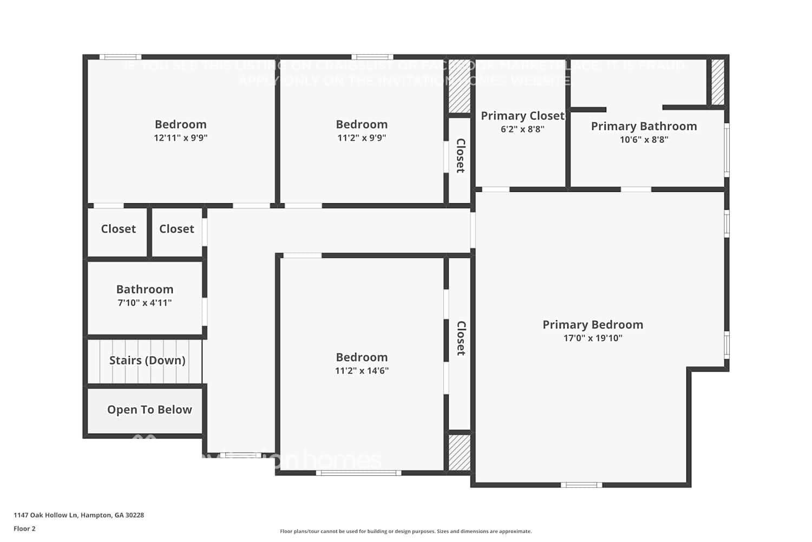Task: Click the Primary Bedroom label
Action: (593, 325)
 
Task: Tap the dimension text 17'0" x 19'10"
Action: (593, 338)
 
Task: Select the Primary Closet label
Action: (522, 116)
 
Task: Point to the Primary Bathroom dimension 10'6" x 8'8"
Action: (644, 140)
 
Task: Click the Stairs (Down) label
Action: (147, 360)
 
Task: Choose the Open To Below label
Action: (149, 410)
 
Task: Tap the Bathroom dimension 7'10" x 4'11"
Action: (145, 303)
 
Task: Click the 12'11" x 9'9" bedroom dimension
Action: (180, 138)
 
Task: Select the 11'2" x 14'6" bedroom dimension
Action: (362, 371)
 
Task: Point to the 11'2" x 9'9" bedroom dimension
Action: (362, 138)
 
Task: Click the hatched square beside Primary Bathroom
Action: (717, 82)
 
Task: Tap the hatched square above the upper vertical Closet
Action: (460, 86)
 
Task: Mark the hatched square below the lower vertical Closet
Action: (460, 452)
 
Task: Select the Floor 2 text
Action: (24, 529)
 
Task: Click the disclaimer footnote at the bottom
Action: (405, 532)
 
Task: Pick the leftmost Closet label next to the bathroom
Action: (118, 229)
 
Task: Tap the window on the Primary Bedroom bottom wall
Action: (581, 485)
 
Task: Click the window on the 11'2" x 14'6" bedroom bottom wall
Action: (358, 473)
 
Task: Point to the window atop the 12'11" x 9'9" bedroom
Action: (120, 57)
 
